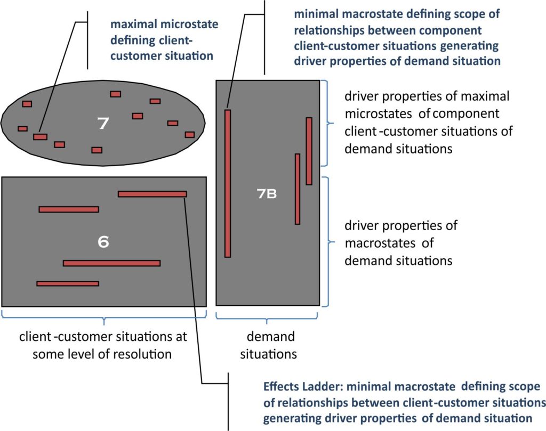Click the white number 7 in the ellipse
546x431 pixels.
click(103, 124)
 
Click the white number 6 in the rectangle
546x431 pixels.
click(103, 241)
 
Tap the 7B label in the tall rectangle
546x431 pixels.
click(267, 194)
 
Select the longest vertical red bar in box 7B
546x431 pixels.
click(228, 183)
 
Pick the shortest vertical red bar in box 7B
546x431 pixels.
click(309, 151)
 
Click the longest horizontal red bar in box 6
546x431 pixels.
click(111, 263)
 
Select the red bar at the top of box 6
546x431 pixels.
click(152, 194)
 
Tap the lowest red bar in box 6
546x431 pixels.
click(68, 283)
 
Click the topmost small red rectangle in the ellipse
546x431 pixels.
click(116, 94)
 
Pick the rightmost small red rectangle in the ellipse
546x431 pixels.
click(189, 134)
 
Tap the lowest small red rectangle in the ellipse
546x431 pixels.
click(97, 150)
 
